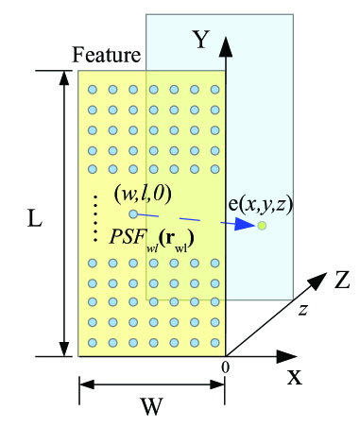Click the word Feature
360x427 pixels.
coord(107,56)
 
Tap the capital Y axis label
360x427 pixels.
coord(201,39)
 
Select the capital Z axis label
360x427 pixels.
coord(343,279)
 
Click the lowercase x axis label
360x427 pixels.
coord(295,378)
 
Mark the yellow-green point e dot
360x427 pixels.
coord(262,226)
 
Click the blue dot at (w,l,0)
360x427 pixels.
coord(133,213)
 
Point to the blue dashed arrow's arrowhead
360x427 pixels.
coord(248,226)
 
